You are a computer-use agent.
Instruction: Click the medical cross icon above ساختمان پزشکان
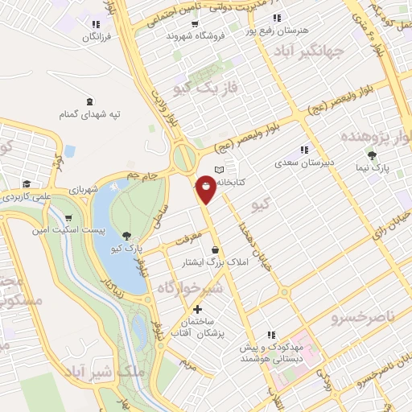[x=197, y=309]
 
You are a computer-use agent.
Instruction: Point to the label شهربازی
[x=105, y=190]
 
